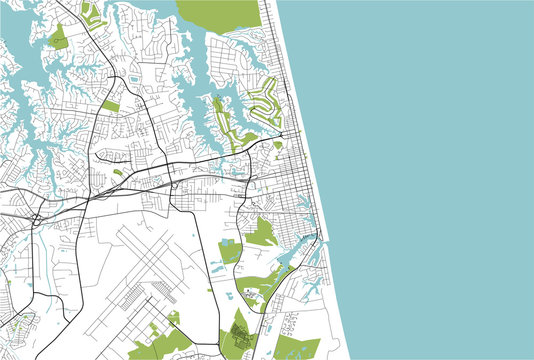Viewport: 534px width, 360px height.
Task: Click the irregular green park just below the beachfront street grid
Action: [262, 233]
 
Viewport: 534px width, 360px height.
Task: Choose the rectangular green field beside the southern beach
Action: [299, 349]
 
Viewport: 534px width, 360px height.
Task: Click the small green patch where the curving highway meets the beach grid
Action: [277, 145]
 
